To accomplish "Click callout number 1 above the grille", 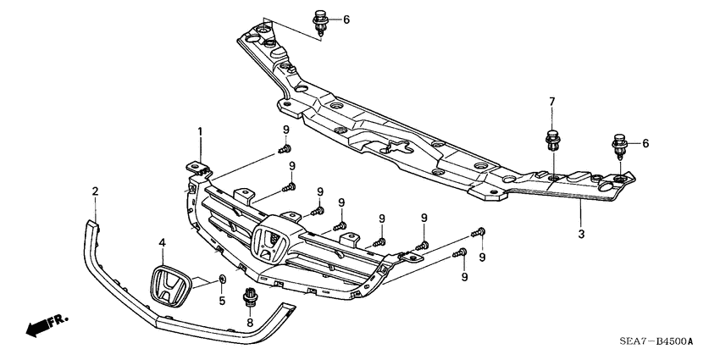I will tap(200, 131).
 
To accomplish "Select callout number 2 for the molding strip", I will tap(95, 191).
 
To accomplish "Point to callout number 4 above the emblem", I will tap(162, 243).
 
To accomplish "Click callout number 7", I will tap(551, 102).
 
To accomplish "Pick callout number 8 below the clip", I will tap(250, 323).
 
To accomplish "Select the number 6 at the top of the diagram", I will tap(346, 19).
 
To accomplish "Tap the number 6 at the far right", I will tap(645, 143).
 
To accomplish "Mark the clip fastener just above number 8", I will tap(250, 297).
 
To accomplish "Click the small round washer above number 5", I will tap(222, 279).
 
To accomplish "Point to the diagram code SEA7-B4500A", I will tap(656, 341).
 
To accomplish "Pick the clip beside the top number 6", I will tap(322, 22).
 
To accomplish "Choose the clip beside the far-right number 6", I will tap(619, 146).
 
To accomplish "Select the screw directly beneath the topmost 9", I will tap(282, 150).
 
